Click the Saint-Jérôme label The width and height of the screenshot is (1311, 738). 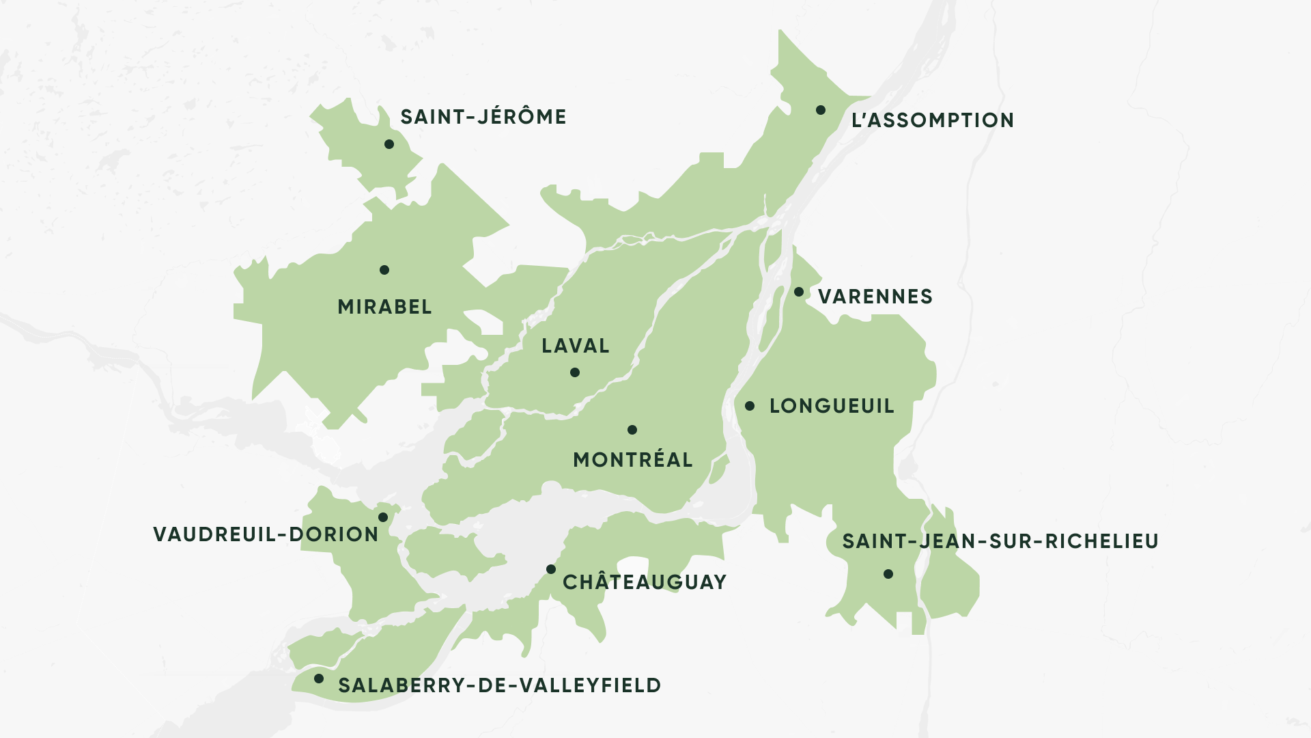click(483, 118)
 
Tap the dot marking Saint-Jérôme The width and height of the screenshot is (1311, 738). click(389, 144)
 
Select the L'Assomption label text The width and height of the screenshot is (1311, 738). click(932, 121)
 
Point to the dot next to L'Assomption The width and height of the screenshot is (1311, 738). click(821, 110)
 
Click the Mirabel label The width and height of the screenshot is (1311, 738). click(384, 307)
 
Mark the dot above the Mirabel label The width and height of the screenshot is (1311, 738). click(384, 270)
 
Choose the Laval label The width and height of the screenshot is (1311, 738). click(575, 346)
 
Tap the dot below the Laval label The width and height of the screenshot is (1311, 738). click(575, 372)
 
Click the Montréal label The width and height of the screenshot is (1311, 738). click(632, 461)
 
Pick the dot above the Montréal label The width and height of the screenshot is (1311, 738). click(632, 430)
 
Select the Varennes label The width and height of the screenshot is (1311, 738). click(875, 297)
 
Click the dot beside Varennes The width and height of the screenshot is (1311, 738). click(799, 292)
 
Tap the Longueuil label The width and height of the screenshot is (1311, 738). click(831, 407)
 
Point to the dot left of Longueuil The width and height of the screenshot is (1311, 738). click(750, 406)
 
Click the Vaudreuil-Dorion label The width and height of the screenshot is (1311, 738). click(266, 535)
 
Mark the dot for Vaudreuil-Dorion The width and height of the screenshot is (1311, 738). click(383, 517)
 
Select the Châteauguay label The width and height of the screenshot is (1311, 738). click(644, 583)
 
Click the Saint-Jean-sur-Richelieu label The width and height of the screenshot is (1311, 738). click(1000, 542)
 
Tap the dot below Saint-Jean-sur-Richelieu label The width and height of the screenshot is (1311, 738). click(888, 574)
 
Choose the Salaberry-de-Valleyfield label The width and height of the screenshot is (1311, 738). click(499, 686)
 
